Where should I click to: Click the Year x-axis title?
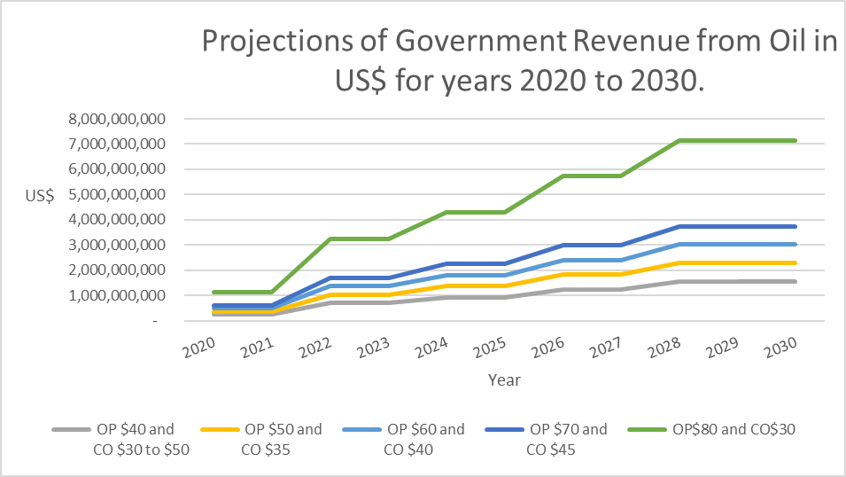tap(504, 380)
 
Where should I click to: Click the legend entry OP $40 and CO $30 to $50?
tap(134, 439)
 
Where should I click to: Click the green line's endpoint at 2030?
tap(795, 140)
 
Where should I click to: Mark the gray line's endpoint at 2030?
tap(795, 281)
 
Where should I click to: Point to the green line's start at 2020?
tap(213, 292)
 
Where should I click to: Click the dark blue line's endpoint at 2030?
tap(795, 226)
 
